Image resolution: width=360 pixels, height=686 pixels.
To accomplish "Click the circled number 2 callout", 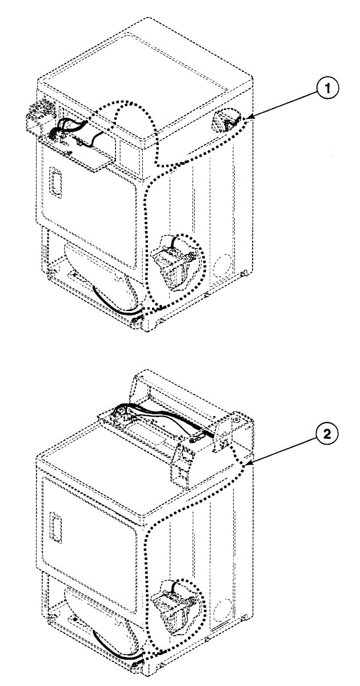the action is click(x=326, y=434).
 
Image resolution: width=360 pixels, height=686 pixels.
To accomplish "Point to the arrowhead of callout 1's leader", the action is click(x=248, y=118).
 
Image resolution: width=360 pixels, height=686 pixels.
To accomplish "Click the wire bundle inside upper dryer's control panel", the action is click(x=71, y=130).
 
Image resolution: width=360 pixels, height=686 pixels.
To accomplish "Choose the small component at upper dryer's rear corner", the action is click(x=226, y=120).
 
